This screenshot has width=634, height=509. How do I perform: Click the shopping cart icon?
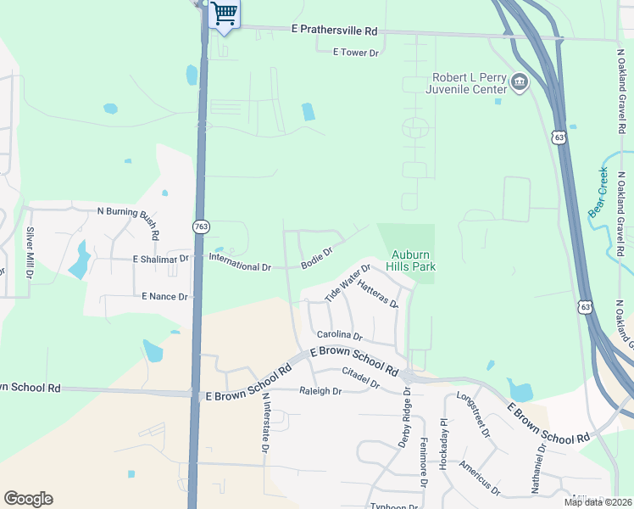click(x=224, y=14)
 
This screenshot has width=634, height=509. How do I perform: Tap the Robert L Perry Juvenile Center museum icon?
click(x=520, y=82)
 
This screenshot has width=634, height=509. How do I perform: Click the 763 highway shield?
click(x=201, y=227)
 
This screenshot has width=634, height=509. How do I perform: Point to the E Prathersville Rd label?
click(x=334, y=31)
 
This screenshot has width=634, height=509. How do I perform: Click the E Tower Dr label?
click(x=356, y=53)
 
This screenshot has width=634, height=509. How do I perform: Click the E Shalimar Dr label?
click(x=161, y=259)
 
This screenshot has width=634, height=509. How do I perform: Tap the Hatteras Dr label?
click(x=378, y=294)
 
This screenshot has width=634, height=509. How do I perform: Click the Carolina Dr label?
click(x=339, y=336)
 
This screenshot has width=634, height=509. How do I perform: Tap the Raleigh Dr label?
click(x=320, y=391)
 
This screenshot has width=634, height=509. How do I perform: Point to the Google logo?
click(x=29, y=499)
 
